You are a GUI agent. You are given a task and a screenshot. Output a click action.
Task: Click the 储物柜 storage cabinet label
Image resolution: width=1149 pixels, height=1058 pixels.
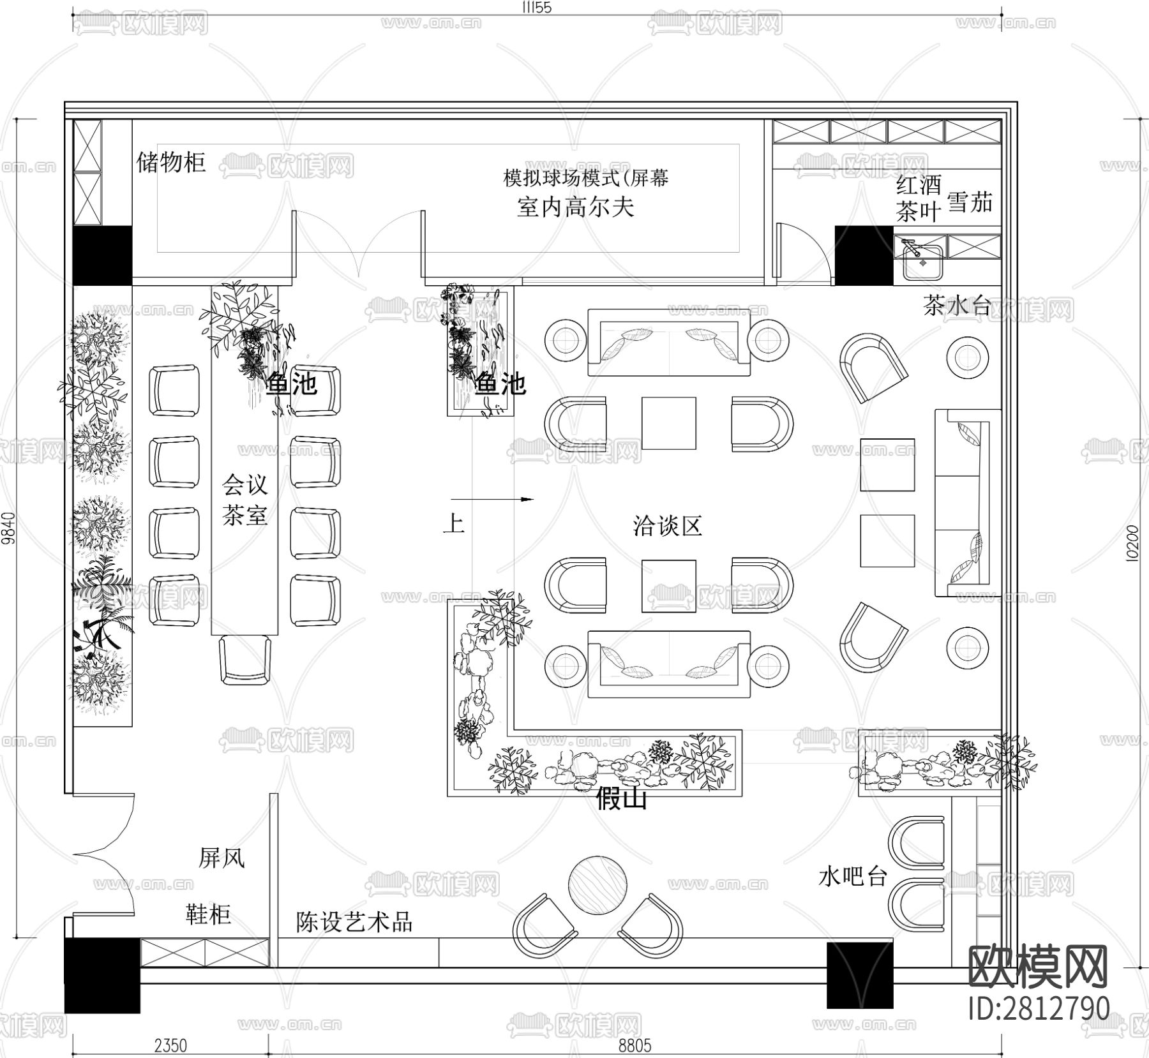coord(170,163)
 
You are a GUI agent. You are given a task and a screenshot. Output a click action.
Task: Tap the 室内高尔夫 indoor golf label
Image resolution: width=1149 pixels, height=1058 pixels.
coord(575,207)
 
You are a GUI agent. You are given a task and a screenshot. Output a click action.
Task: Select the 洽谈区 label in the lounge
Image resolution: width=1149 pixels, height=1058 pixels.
coord(667,526)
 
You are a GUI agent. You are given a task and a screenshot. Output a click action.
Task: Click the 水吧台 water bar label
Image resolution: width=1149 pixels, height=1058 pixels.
coord(853,877)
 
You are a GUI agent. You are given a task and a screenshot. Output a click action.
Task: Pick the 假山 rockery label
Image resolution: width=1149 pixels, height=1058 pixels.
coord(621,798)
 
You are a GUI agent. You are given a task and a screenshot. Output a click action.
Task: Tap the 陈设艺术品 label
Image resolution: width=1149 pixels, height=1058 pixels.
coord(354,921)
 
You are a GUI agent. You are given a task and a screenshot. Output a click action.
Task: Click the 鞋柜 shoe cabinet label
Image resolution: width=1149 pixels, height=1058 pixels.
coord(208,914)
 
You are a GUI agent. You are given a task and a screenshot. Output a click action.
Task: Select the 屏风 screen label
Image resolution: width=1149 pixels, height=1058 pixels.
coord(222,858)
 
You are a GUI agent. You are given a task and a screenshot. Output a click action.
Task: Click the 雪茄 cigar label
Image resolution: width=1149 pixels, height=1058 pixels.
coord(970,202)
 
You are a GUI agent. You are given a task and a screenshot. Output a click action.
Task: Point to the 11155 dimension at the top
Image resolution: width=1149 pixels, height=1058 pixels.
coord(536,8)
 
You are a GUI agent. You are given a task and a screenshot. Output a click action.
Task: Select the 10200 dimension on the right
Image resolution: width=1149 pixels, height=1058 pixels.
coord(1131,542)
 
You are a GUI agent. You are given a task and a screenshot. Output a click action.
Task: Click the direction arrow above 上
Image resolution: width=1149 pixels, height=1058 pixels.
coord(492,500)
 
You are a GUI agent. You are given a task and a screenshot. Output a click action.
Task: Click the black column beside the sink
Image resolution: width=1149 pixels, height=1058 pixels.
coord(864,255)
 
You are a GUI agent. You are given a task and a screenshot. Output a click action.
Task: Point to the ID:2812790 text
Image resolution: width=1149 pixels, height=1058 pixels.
coord(1039,1009)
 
